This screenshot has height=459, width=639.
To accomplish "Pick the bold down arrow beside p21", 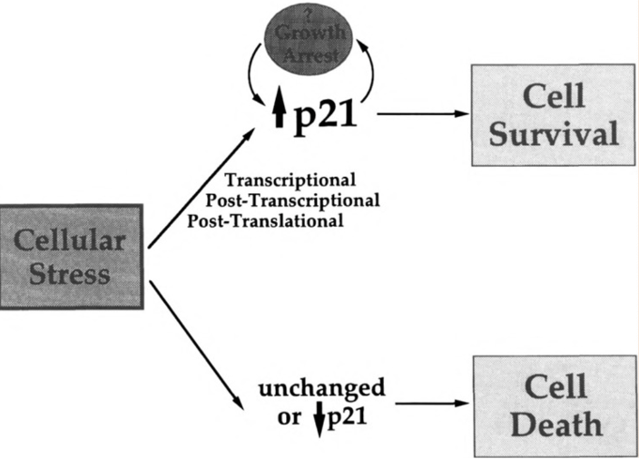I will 319,423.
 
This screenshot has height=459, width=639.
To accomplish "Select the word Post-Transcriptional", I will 292,200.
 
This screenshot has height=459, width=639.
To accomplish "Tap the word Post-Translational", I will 265,220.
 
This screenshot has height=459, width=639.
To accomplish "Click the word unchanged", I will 321,390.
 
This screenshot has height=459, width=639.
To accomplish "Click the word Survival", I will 554,133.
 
